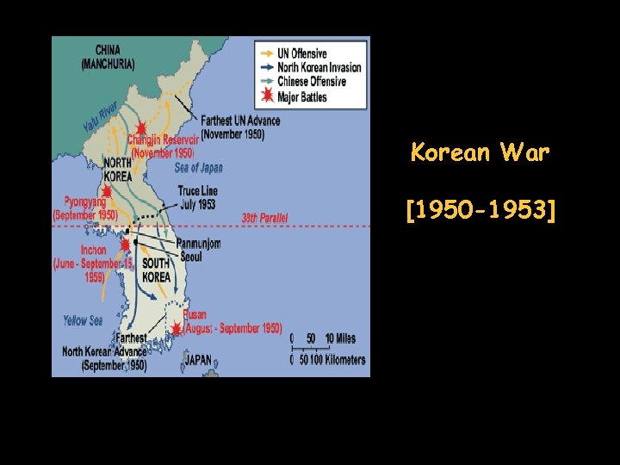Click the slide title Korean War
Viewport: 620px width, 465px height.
point(480,153)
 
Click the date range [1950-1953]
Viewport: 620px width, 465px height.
point(480,208)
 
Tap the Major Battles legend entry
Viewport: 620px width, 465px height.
point(301,96)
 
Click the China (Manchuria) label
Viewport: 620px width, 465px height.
point(108,57)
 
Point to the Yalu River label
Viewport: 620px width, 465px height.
point(101,117)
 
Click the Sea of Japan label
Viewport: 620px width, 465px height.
point(198,168)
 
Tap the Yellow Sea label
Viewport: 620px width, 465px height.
point(83,321)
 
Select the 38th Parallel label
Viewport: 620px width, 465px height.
point(264,219)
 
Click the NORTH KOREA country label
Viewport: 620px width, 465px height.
point(117,170)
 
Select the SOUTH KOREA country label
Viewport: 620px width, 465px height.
point(156,270)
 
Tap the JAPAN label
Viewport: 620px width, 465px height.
point(198,360)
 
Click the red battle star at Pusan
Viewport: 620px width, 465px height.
point(177,328)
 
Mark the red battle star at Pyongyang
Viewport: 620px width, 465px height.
point(107,192)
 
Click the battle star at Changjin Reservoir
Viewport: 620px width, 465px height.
point(140,129)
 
